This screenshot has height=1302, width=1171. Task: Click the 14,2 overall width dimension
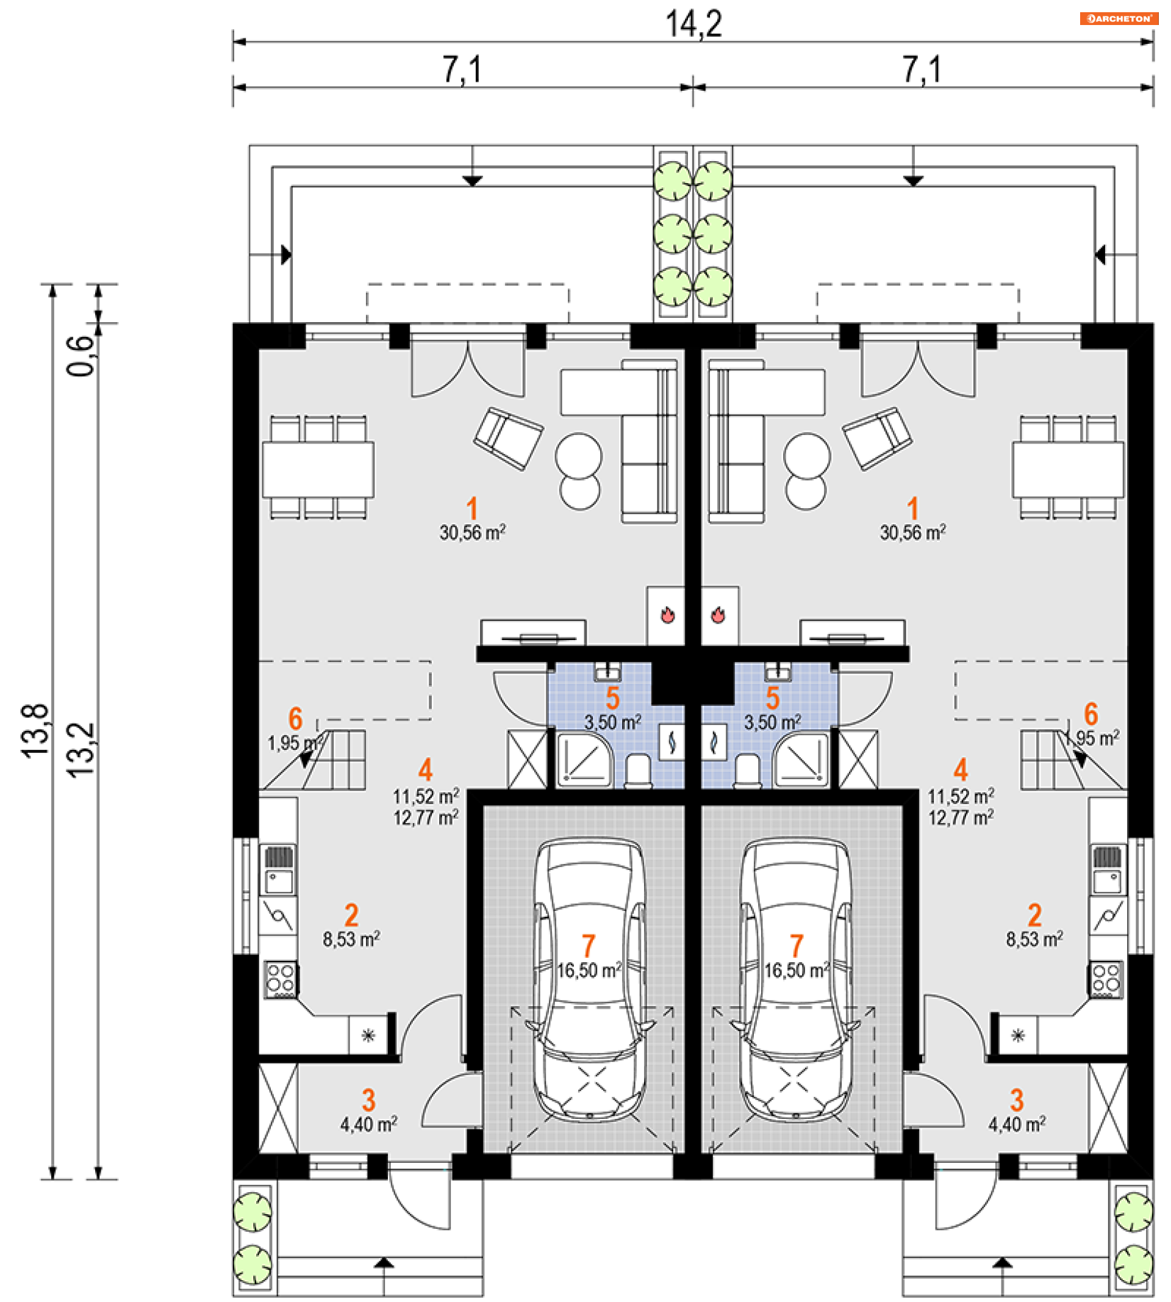tap(693, 24)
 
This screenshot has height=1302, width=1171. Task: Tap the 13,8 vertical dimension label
tap(35, 731)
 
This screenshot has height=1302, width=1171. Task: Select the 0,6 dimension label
tap(81, 355)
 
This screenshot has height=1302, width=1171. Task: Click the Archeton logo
tap(1120, 18)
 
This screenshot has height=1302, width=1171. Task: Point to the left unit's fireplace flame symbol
tap(668, 614)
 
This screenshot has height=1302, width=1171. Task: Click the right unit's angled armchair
tap(877, 437)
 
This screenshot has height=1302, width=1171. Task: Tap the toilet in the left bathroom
tap(639, 771)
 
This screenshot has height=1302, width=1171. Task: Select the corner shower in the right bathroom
tap(801, 760)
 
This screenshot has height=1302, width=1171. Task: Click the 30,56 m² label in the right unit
tap(913, 533)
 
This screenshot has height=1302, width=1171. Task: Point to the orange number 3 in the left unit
tap(368, 1101)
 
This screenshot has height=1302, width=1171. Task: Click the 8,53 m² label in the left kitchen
tap(351, 940)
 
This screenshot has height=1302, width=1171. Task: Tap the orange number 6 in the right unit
tap(1090, 714)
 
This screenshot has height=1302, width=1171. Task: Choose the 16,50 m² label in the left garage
tap(589, 970)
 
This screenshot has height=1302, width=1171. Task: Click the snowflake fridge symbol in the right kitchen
tap(1018, 1035)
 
